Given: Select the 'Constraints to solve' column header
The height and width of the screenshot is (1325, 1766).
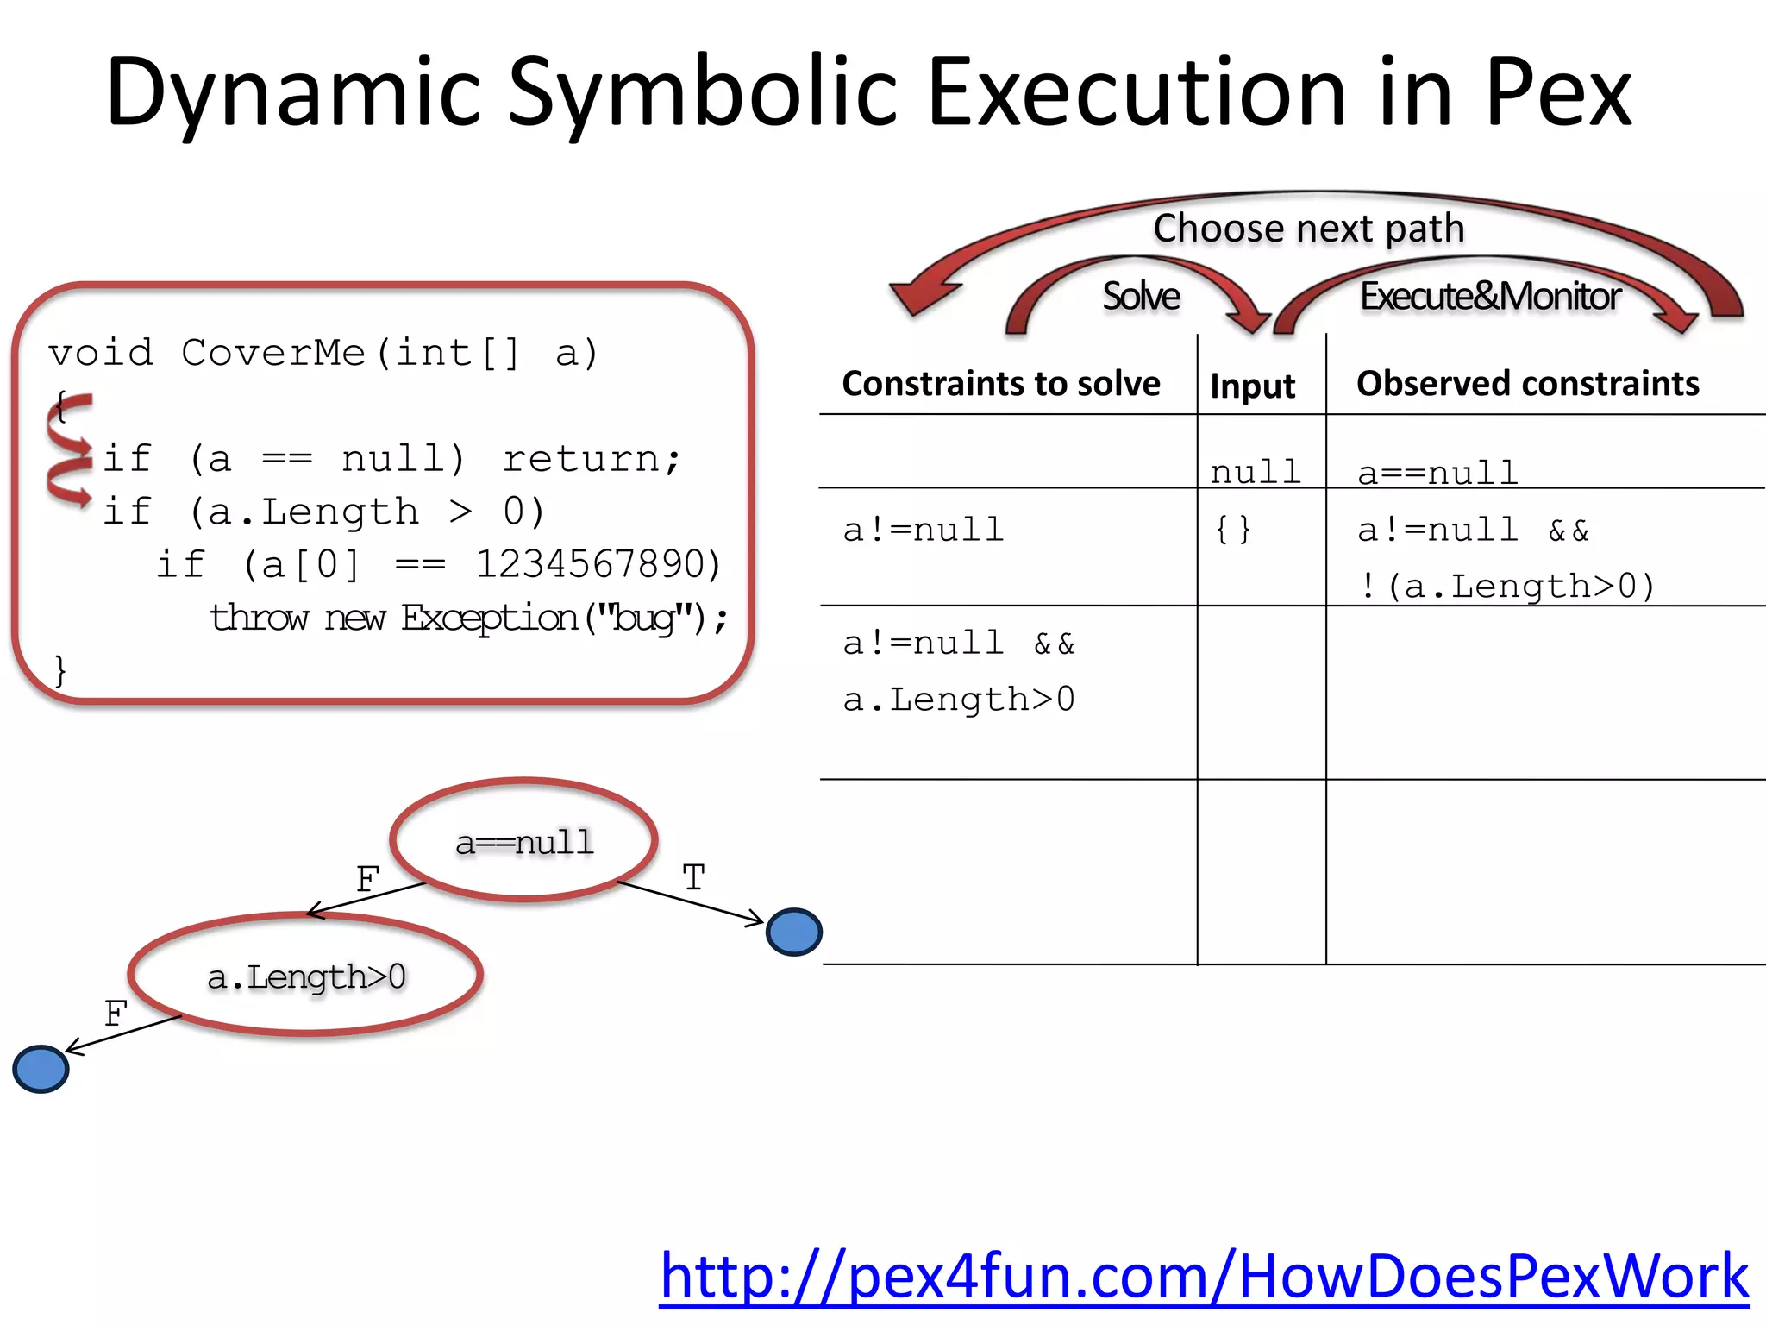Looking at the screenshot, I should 1000,384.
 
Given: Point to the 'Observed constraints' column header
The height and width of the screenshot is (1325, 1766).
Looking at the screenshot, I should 1527,384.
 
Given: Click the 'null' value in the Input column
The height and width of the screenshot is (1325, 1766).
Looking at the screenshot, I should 1255,472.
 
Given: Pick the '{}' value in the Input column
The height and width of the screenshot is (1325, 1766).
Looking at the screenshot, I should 1232,530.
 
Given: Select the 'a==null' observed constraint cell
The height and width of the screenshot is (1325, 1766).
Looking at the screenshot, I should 1437,473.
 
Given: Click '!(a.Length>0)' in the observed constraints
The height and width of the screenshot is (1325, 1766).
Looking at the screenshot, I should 1506,587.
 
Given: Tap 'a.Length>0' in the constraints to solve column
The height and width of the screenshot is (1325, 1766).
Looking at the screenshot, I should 959,700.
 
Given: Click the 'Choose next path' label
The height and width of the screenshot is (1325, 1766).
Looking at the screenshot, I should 1308,229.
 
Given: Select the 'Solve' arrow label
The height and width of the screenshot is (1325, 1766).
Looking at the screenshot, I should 1140,297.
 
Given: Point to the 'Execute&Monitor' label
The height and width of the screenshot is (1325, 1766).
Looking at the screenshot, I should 1490,297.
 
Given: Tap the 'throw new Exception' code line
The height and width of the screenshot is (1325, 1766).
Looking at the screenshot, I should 468,618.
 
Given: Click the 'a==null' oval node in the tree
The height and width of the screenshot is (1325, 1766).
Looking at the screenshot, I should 524,841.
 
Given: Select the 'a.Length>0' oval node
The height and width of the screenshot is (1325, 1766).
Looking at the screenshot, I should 306,976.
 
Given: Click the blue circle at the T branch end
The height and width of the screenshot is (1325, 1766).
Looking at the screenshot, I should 793,932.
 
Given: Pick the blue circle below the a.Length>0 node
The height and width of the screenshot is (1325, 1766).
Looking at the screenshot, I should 41,1069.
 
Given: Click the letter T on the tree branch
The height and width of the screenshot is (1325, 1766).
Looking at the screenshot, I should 693,878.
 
